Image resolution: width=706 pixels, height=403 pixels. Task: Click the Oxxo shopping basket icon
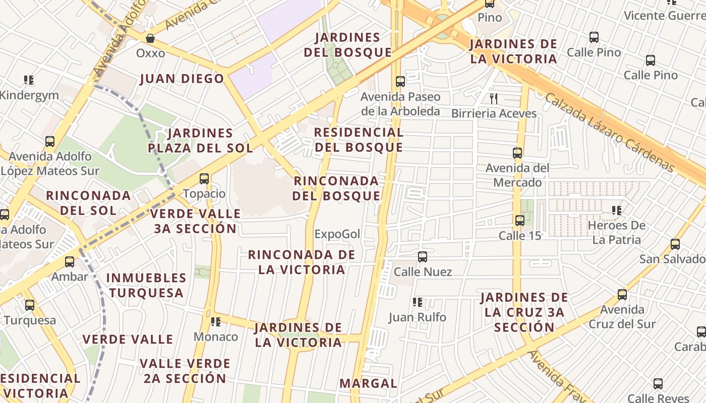(x=150, y=38)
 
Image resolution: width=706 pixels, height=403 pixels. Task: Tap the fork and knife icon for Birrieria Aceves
(x=494, y=99)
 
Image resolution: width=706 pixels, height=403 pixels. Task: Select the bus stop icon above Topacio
(x=204, y=179)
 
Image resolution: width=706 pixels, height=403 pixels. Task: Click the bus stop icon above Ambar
(x=70, y=262)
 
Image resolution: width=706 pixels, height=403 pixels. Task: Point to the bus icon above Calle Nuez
(x=423, y=257)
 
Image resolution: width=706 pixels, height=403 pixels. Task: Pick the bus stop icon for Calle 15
(x=520, y=221)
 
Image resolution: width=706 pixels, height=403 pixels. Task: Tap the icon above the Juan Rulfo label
(x=417, y=302)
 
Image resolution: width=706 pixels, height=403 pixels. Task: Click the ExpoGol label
(x=337, y=234)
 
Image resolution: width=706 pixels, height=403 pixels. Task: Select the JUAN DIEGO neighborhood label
(x=182, y=79)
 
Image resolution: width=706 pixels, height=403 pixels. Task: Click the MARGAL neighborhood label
(x=368, y=383)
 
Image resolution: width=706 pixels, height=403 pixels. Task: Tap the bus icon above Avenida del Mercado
(x=517, y=153)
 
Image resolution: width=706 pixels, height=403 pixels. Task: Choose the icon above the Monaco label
(x=216, y=322)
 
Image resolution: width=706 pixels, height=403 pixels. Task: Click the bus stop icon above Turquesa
(x=30, y=305)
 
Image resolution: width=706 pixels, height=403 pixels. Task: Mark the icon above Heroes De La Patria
(x=616, y=211)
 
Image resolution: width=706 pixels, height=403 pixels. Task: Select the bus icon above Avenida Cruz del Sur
(x=622, y=295)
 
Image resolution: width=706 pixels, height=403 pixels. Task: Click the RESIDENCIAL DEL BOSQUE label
(x=359, y=140)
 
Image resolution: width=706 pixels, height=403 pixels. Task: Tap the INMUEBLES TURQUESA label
(x=146, y=285)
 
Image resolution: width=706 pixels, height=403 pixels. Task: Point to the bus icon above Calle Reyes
(x=658, y=384)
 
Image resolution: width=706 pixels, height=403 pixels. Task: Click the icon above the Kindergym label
(x=29, y=80)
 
